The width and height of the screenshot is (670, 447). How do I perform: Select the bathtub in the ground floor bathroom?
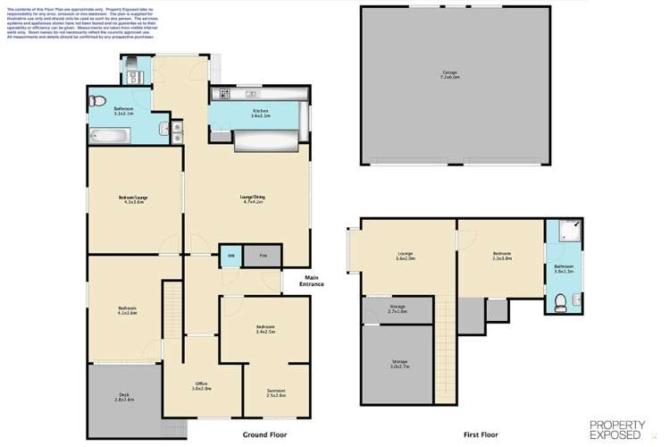pos(109,135)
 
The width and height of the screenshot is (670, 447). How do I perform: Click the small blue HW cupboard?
pos(230,255)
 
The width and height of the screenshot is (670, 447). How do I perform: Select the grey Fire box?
pos(263,255)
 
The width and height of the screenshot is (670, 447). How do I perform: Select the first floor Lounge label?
pos(405,256)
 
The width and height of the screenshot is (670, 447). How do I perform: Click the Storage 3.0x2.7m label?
pos(398,364)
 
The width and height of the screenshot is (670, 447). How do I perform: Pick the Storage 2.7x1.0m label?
pos(398,309)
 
